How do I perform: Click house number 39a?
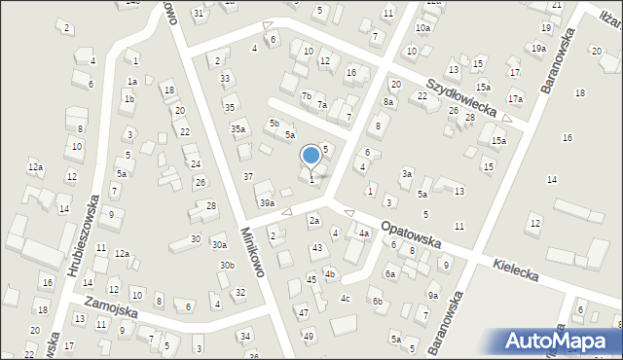(x=267, y=202)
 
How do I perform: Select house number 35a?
(x=238, y=128)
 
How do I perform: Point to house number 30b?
(x=227, y=265)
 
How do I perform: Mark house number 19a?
(x=538, y=48)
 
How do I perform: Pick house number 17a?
(x=514, y=98)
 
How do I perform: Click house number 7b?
(x=307, y=95)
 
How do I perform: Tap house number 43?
(x=317, y=248)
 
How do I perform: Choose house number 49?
(x=309, y=336)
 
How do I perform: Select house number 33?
(x=225, y=78)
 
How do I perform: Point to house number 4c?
(x=345, y=298)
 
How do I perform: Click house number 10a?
(x=422, y=28)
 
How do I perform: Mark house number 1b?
(x=129, y=99)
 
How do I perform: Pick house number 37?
(x=248, y=176)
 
